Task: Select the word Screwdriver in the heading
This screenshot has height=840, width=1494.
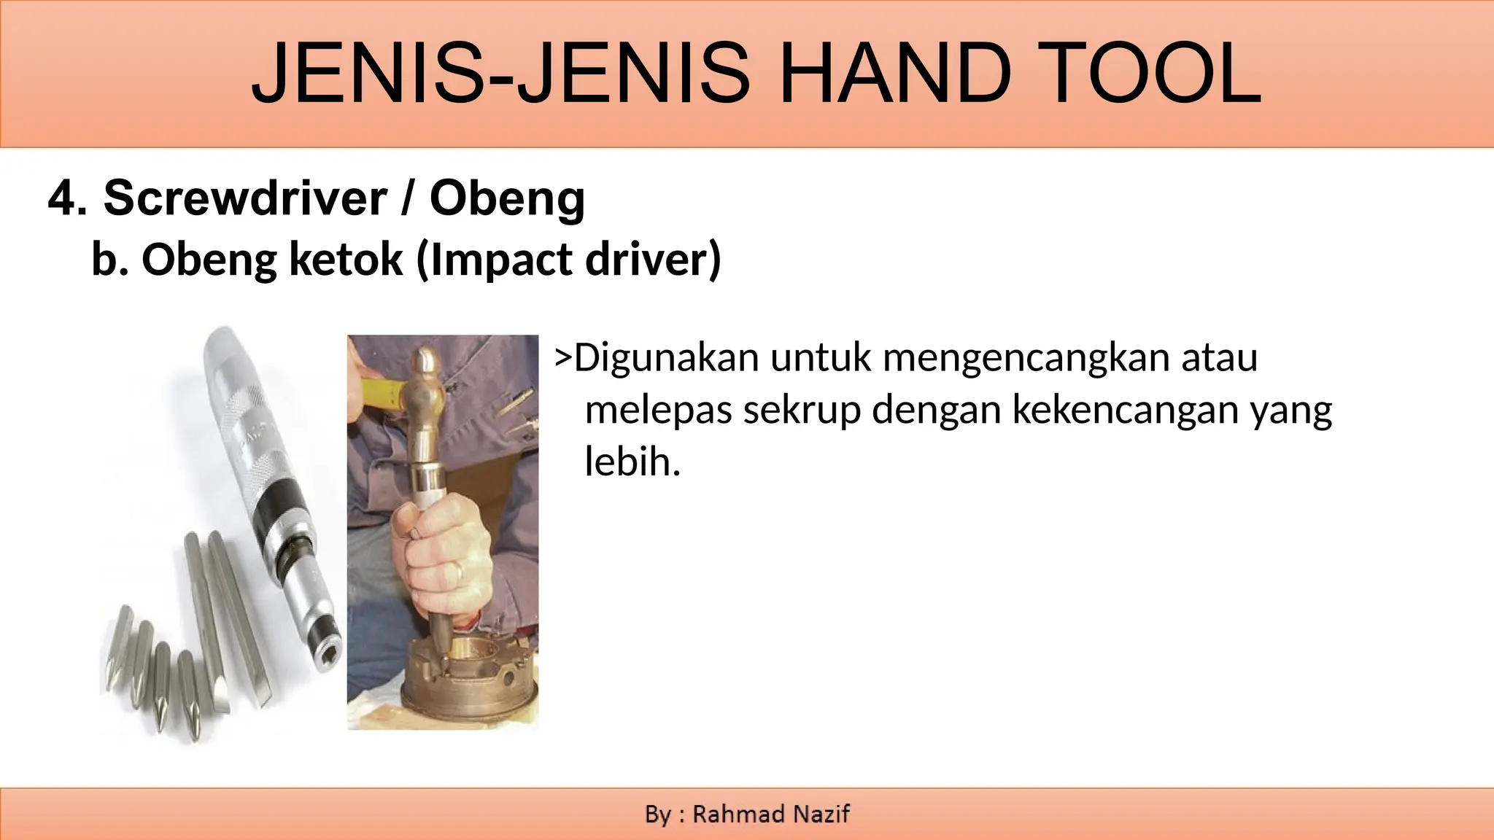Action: point(245,198)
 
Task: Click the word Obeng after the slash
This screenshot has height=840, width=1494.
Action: point(507,199)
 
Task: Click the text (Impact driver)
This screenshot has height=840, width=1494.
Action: point(568,260)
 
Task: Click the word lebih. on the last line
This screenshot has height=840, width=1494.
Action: point(632,461)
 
